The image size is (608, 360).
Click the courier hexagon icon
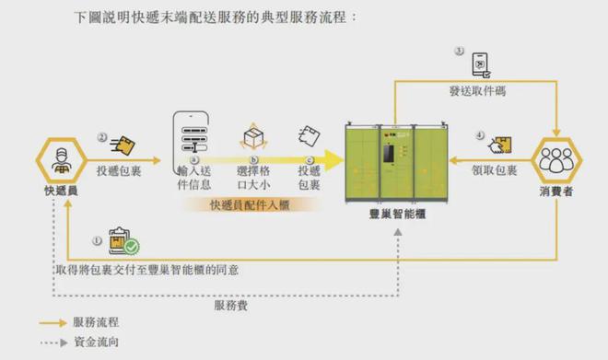[62, 160]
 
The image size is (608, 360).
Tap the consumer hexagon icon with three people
[556, 160]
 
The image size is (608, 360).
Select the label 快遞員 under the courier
[61, 191]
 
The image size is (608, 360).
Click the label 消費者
[556, 191]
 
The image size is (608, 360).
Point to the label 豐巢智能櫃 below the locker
[397, 214]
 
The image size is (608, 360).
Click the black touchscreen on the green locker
[389, 153]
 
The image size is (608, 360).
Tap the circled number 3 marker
[459, 52]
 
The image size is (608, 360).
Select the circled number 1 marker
[97, 240]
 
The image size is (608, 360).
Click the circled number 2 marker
[102, 137]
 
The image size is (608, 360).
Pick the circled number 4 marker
[480, 135]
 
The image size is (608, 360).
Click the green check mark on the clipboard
[132, 247]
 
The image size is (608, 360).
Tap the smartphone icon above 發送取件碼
[481, 65]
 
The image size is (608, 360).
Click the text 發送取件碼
[478, 91]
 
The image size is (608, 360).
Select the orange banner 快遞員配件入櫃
[250, 205]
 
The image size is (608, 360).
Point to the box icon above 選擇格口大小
[253, 136]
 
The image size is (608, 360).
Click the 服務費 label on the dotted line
[231, 306]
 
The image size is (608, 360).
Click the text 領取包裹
[495, 170]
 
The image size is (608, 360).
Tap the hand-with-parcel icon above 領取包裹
[500, 145]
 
